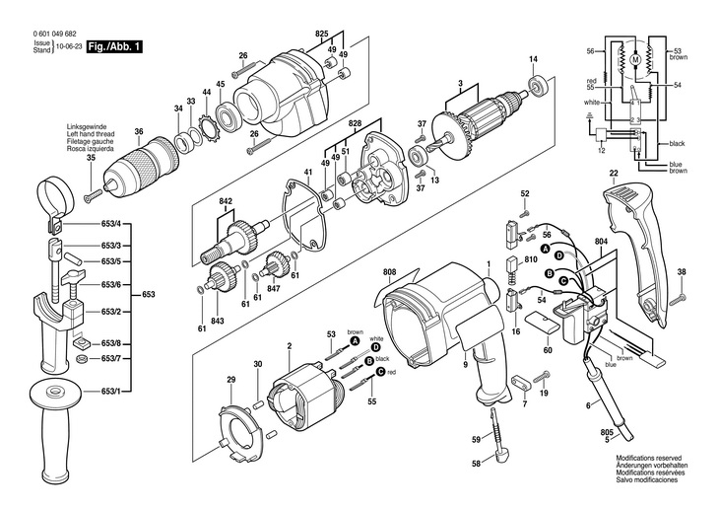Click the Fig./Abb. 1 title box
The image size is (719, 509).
[111, 46]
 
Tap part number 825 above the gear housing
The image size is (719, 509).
[321, 35]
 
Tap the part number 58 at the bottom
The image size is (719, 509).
[476, 464]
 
